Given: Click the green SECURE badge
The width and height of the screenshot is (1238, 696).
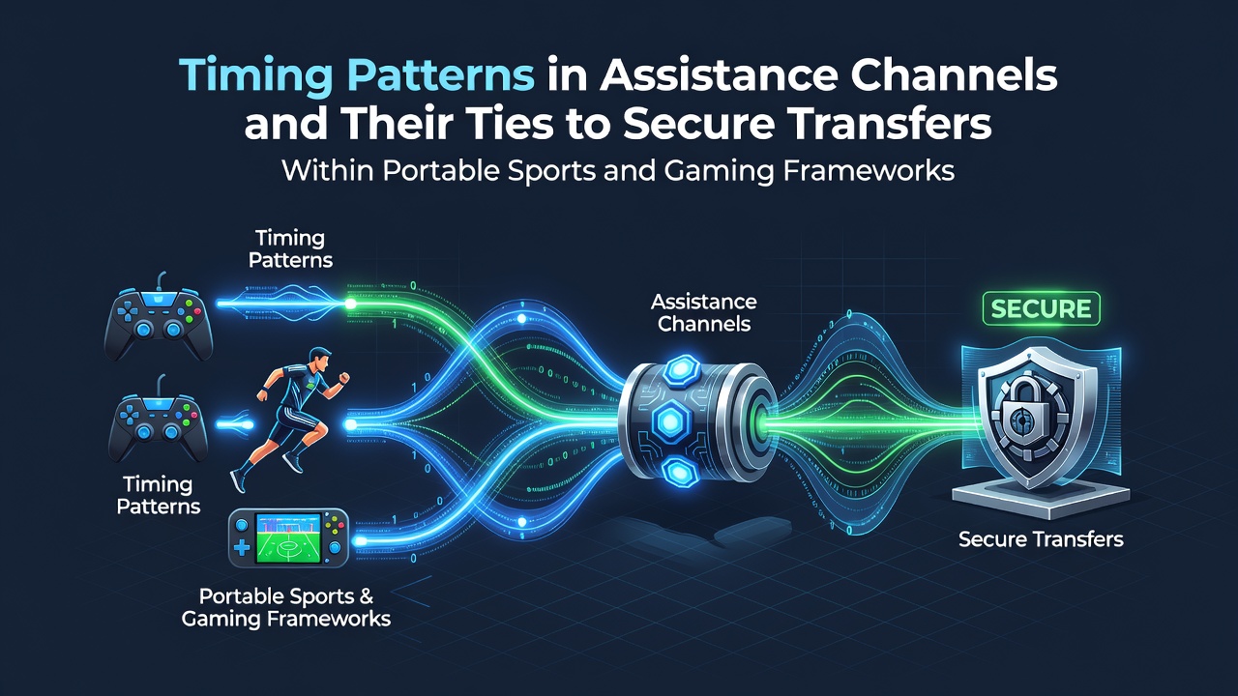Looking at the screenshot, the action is click(1042, 308).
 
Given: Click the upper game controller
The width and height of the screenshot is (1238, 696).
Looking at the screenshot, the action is click(159, 320).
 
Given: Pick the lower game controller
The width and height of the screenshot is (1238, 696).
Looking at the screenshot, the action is click(158, 421).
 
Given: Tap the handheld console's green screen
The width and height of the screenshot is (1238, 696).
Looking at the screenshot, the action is click(287, 538).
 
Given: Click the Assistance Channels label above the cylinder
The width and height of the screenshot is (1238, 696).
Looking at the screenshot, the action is click(703, 312).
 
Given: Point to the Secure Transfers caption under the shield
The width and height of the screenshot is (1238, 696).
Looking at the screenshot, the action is click(1041, 539).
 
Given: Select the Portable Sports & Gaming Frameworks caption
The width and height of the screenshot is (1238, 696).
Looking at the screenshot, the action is click(286, 607).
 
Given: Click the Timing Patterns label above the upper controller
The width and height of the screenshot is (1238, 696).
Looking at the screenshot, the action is click(291, 248).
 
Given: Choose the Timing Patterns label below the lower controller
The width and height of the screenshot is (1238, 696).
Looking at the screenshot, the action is click(159, 496).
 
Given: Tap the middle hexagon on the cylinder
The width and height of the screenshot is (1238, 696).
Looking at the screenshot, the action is click(669, 421).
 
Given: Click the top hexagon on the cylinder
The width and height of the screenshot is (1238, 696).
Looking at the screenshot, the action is click(682, 370).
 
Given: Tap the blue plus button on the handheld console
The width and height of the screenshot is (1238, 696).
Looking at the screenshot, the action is click(242, 548).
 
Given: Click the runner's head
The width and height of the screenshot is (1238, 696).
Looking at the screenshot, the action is click(319, 358).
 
